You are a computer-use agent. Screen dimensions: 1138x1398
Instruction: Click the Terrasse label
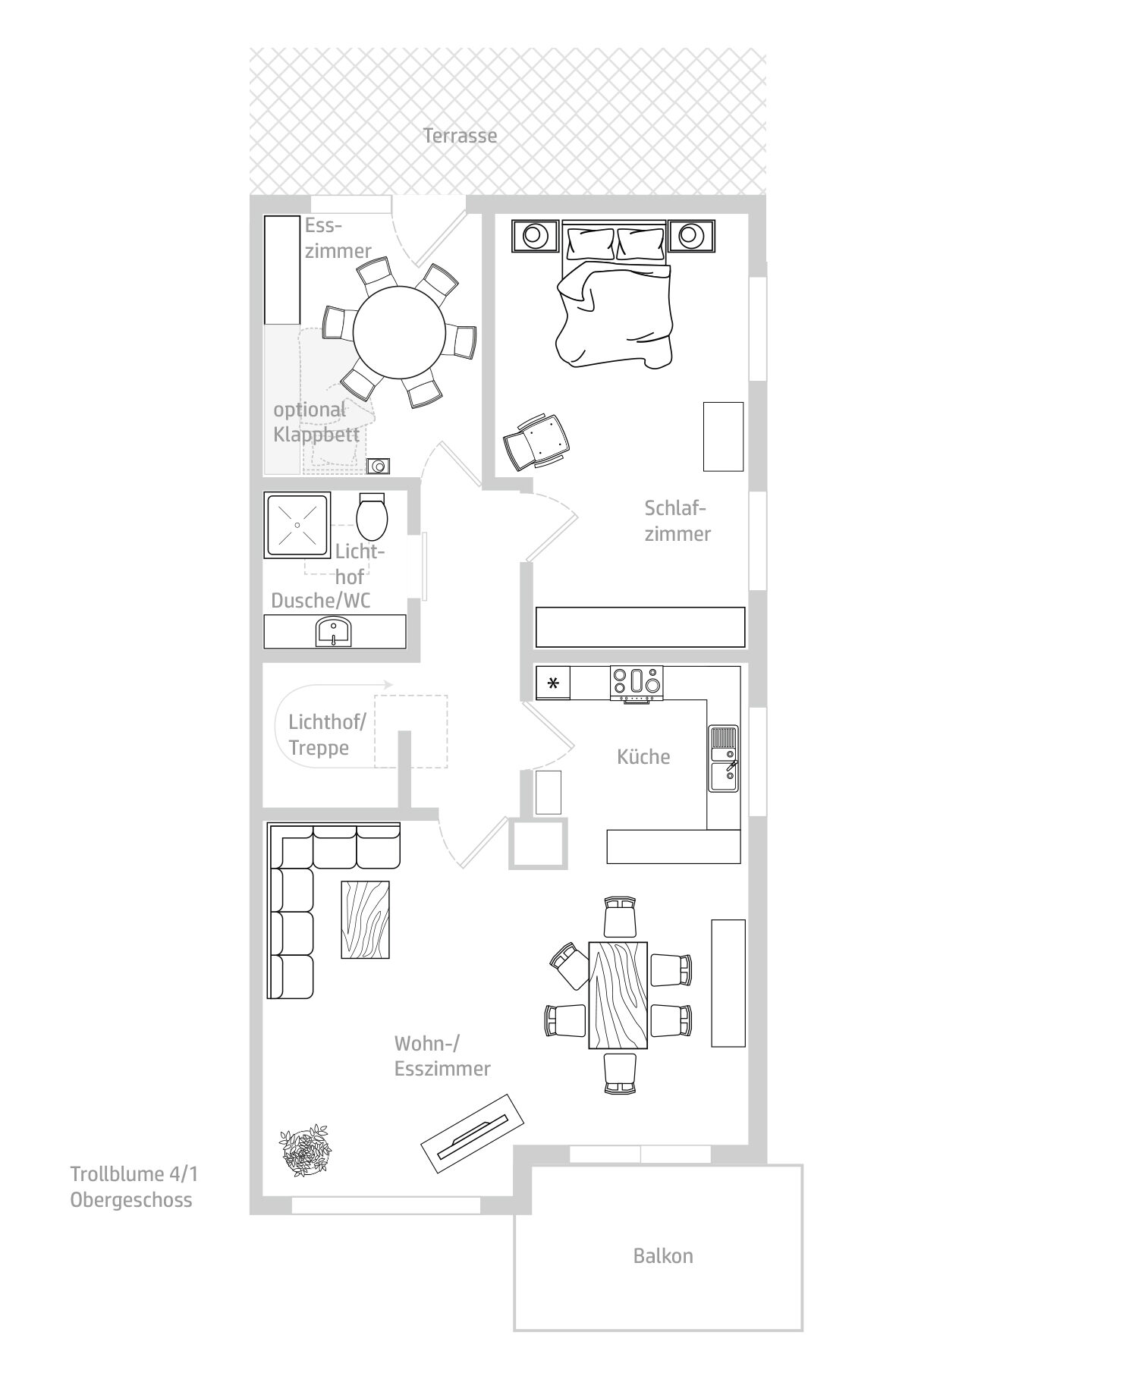[x=460, y=136]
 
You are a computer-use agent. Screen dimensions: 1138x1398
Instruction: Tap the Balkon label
[x=663, y=1256]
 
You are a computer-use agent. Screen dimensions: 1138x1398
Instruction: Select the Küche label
[x=643, y=756]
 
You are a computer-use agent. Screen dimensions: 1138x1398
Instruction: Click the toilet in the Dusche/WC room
[x=372, y=517]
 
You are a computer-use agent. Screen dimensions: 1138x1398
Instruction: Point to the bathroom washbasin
[x=333, y=632]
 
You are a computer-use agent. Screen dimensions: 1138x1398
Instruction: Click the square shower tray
[x=297, y=525]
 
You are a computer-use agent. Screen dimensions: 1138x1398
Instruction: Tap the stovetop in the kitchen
[x=636, y=683]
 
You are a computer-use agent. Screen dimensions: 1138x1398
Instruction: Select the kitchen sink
[x=723, y=758]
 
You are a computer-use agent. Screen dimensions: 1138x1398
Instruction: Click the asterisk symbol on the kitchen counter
[x=553, y=683]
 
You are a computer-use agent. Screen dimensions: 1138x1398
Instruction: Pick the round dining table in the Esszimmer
[x=399, y=333]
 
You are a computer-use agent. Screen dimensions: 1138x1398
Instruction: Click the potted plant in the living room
[x=306, y=1151]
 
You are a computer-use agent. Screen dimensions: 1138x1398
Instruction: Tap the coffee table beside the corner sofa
[x=366, y=919]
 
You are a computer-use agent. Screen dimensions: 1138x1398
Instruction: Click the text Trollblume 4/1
[x=134, y=1174]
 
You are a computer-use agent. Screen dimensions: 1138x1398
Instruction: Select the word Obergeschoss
[x=131, y=1200]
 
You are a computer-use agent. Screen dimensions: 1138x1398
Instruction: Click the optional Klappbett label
[x=316, y=423]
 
